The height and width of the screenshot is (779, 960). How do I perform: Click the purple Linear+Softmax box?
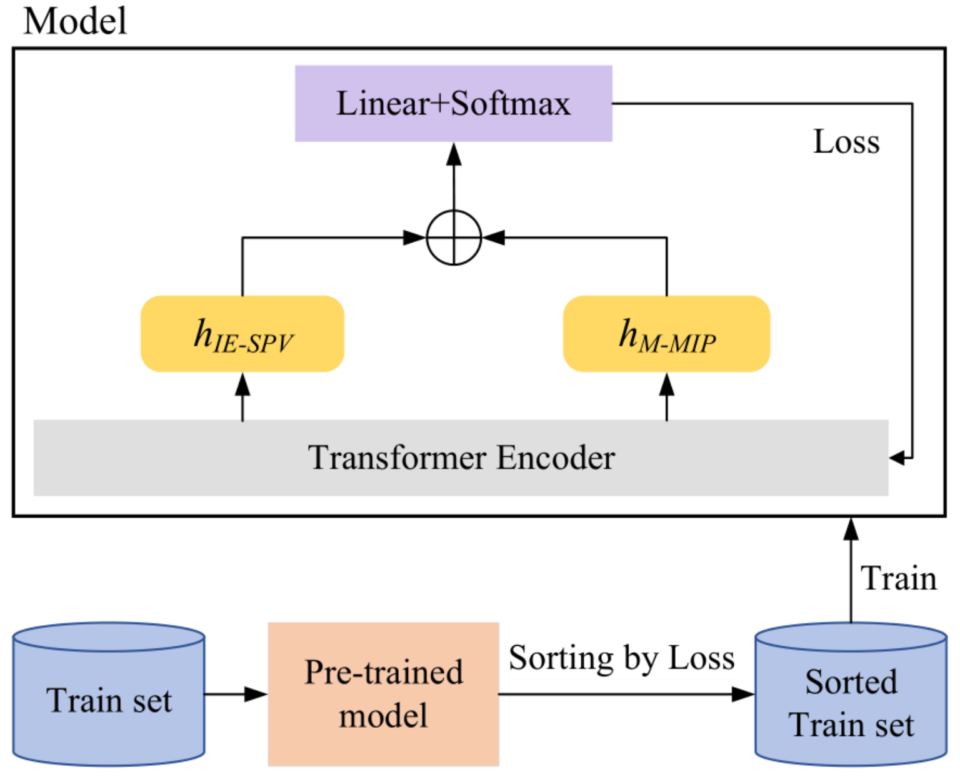coord(453,103)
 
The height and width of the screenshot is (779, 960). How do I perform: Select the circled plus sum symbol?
coord(454,238)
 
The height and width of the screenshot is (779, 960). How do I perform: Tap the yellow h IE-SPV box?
coord(242,334)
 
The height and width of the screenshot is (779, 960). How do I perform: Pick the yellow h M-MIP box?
coord(666,334)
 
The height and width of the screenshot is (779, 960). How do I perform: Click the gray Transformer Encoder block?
coord(461,458)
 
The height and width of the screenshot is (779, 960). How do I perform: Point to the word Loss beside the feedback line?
coord(846,142)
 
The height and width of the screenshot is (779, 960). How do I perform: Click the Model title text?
coord(75,21)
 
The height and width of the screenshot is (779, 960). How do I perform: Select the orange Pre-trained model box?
coord(383,694)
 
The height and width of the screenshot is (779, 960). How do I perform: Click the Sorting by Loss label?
coord(621,658)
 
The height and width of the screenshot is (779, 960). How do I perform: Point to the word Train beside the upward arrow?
coord(899,578)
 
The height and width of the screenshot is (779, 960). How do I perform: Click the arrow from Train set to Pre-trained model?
coord(236,694)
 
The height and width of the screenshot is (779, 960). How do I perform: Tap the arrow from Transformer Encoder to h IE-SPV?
coord(242,396)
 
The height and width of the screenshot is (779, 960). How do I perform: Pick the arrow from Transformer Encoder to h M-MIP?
coord(667,396)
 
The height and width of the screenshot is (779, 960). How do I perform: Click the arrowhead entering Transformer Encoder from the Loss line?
coord(897,458)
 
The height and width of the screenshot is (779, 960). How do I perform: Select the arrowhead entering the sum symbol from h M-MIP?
coord(494,238)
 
